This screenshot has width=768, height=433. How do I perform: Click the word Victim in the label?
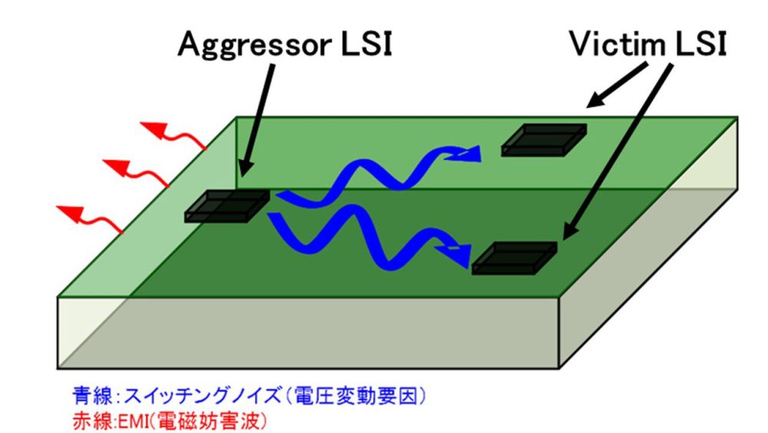tap(614, 44)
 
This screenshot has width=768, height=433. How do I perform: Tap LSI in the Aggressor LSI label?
tap(366, 45)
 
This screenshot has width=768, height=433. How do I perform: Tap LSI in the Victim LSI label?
tap(698, 44)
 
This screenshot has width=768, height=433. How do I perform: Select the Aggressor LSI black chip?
tap(227, 206)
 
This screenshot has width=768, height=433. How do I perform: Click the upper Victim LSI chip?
tap(544, 140)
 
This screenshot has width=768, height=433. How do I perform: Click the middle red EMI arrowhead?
tap(114, 165)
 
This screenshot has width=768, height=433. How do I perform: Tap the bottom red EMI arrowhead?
tap(71, 210)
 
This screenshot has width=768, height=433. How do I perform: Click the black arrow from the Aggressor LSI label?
tap(256, 115)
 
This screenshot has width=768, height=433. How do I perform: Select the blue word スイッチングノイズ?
tap(167, 397)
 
